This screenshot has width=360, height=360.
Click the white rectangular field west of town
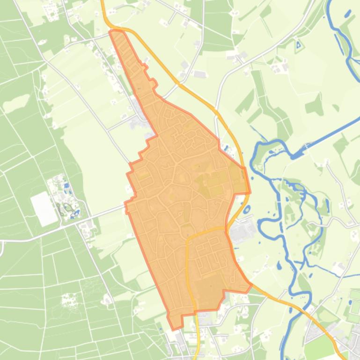tap(44, 208)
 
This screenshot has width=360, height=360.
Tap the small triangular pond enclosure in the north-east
tap(298, 45)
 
